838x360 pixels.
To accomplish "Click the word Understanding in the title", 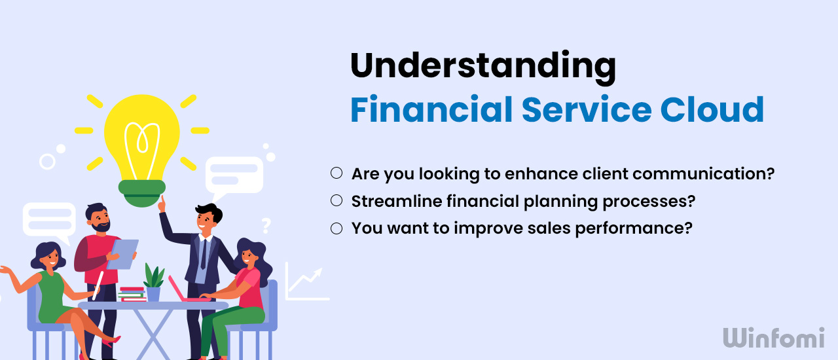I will click(483, 67).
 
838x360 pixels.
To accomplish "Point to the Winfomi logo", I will click(774, 338).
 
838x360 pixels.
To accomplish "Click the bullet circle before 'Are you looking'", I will click(337, 173).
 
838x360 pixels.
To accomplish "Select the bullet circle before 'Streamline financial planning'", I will click(337, 201).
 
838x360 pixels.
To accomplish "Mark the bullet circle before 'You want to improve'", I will click(337, 228).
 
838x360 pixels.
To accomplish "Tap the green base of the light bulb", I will click(142, 193).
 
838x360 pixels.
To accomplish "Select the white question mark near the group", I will click(266, 226).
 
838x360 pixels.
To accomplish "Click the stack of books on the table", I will click(133, 295).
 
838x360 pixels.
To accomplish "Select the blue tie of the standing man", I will click(203, 254).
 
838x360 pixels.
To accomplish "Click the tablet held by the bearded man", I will click(123, 253).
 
